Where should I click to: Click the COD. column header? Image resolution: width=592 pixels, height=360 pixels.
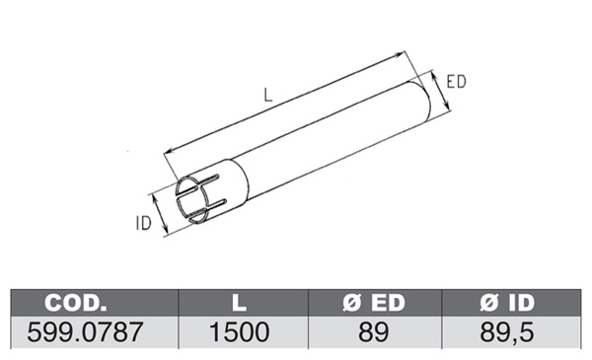click(x=76, y=303)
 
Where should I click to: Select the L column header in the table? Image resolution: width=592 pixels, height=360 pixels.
click(x=239, y=303)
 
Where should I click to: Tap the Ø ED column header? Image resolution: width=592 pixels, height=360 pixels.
click(x=374, y=303)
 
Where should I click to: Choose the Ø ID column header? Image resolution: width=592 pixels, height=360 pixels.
click(x=507, y=303)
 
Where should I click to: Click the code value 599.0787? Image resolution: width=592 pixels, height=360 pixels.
click(x=85, y=332)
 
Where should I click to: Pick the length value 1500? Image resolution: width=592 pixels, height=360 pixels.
click(x=240, y=332)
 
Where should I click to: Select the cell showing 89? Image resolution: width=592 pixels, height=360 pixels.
click(x=373, y=332)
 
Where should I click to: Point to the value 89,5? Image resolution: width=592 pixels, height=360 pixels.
click(x=507, y=332)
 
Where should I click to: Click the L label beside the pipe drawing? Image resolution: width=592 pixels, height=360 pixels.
click(x=267, y=95)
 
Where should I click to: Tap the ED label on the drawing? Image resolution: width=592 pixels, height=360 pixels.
click(x=456, y=82)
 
